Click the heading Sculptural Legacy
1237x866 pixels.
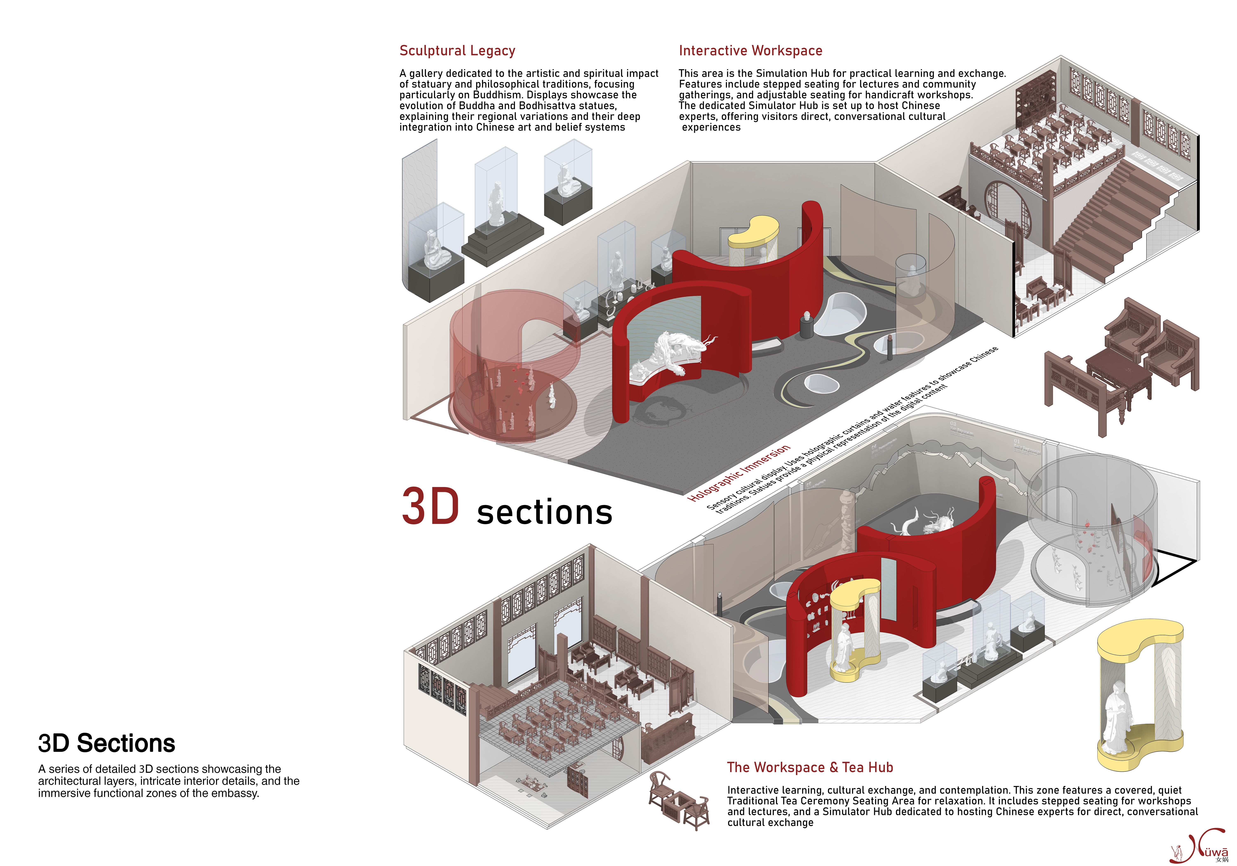click(457, 51)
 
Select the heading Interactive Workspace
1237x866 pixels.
click(750, 51)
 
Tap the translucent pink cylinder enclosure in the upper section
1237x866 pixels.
click(512, 366)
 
